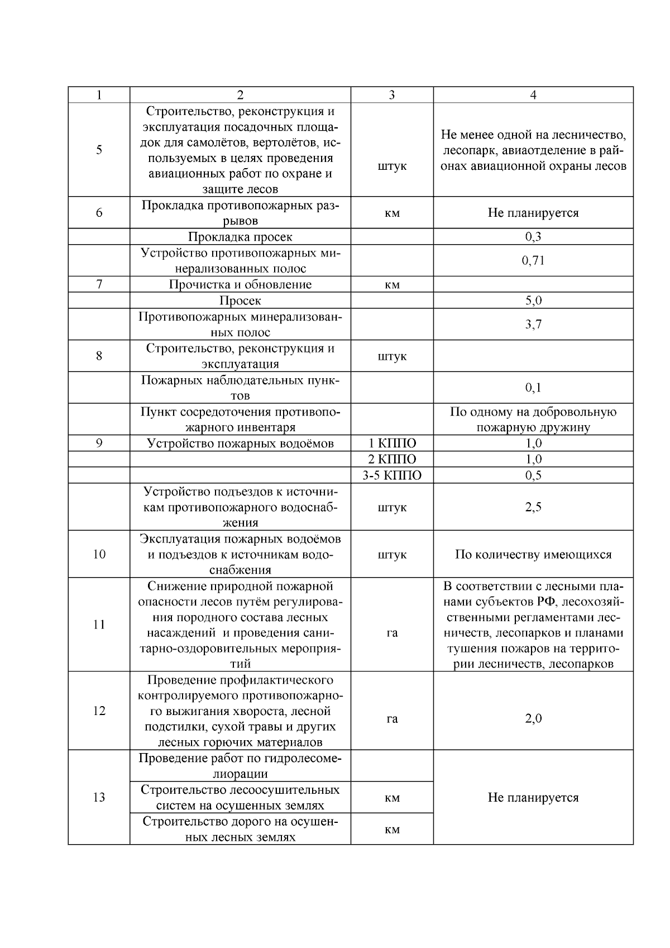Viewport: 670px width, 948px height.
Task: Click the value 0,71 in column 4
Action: tap(533, 260)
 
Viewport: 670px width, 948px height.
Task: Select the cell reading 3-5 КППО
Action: tap(392, 475)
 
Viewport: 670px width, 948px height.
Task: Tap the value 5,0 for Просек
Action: tap(533, 301)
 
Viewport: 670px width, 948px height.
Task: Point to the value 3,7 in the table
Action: tap(533, 324)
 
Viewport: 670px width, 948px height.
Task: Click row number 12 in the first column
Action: tap(99, 711)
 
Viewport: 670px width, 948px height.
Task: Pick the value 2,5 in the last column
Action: tap(533, 507)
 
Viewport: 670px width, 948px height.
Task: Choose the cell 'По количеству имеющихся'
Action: tap(533, 555)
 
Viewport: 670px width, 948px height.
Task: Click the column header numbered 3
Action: tap(392, 95)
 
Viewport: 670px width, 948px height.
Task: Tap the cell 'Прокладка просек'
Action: tap(240, 237)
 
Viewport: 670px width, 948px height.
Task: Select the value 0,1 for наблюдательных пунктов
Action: tap(533, 388)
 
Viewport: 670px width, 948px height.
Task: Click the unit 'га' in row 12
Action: tap(392, 718)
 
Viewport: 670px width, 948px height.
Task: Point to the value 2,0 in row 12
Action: tap(533, 718)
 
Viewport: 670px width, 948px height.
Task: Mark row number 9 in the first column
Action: tap(99, 444)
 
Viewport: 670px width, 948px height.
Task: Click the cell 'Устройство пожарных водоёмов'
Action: tap(240, 444)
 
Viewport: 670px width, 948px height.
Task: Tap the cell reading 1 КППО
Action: tap(392, 444)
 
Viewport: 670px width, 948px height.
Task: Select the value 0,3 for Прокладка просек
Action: tap(533, 237)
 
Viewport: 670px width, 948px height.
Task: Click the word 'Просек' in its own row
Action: tap(240, 301)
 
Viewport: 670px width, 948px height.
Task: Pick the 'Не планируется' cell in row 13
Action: tap(533, 797)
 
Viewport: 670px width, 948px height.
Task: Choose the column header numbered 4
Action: tap(533, 95)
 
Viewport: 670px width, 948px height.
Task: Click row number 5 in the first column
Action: tap(99, 150)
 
